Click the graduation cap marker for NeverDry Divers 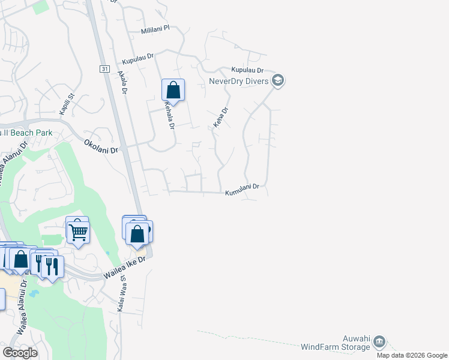[277, 80]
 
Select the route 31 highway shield [104, 70]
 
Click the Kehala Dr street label [169, 115]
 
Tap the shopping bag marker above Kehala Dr [173, 91]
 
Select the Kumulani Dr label [242, 190]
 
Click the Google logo [20, 352]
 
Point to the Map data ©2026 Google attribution [412, 355]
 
